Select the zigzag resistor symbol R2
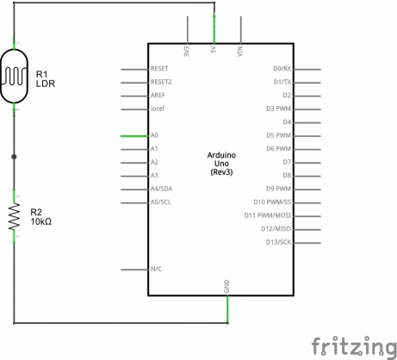15,217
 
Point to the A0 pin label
154,136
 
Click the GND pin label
226,285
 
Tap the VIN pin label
240,51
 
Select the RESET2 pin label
161,82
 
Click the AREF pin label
158,96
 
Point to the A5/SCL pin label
161,202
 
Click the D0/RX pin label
282,68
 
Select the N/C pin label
157,269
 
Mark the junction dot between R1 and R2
15,157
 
